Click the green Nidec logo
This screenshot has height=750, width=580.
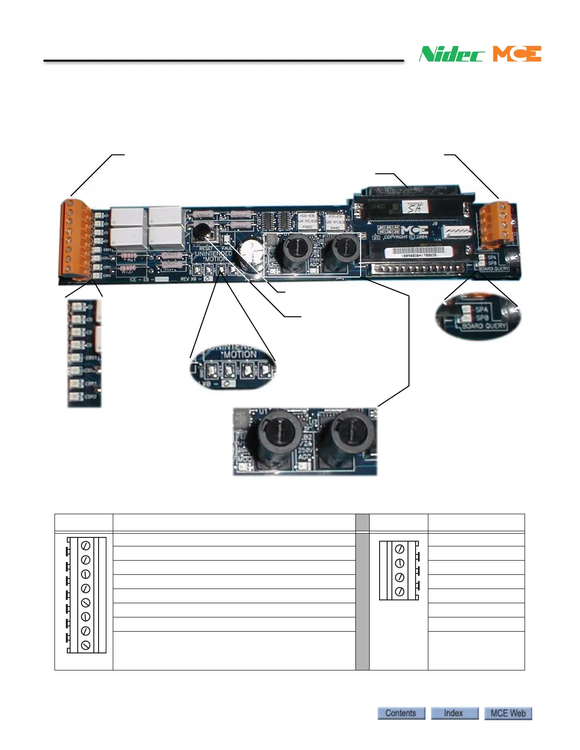[x=452, y=54]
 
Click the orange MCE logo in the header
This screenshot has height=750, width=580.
[x=517, y=54]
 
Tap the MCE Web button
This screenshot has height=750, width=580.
[x=508, y=713]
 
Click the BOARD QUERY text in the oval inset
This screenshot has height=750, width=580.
[x=484, y=326]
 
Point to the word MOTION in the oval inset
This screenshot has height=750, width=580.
[x=240, y=354]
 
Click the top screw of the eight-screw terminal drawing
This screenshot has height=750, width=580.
[x=86, y=546]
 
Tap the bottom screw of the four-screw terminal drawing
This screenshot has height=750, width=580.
[x=399, y=591]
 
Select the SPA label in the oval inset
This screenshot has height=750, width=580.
[x=481, y=310]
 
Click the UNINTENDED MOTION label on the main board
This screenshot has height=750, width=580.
[x=214, y=256]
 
